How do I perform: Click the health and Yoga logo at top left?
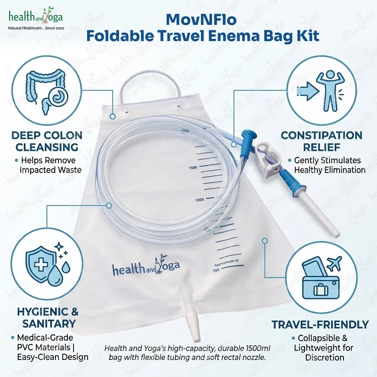tap(36, 18)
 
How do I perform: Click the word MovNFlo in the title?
tap(201, 20)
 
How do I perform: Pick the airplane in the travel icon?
tap(334, 263)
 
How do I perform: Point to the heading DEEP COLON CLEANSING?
tap(47, 141)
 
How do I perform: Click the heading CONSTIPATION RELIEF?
tap(322, 141)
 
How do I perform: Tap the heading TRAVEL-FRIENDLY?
tap(320, 325)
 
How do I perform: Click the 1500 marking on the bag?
tap(193, 168)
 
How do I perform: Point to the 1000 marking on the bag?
tap(199, 200)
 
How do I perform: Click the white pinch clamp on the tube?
tap(268, 159)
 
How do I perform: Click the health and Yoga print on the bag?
tap(146, 267)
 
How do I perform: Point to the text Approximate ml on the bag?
tap(227, 263)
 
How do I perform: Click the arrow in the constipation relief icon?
tap(308, 91)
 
